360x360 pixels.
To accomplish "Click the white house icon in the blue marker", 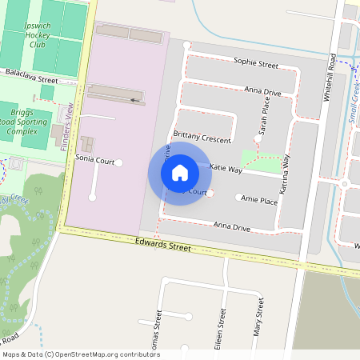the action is [180, 172].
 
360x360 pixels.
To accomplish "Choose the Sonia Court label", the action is [94, 159].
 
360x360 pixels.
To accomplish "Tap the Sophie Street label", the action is [255, 62].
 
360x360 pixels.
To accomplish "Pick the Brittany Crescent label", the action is [202, 138].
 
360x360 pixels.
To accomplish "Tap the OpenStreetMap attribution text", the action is [81, 354].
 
